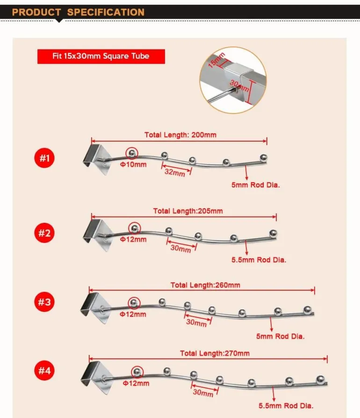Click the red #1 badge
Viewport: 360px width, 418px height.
[x=44, y=158]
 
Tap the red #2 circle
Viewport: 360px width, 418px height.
[x=44, y=233]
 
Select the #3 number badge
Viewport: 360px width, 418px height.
[x=44, y=302]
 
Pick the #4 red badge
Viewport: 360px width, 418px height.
[x=44, y=370]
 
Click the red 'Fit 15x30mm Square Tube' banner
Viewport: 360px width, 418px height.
[x=101, y=56]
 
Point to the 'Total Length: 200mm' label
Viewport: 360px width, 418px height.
[x=180, y=135]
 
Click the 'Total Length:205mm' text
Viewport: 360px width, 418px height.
[x=188, y=211]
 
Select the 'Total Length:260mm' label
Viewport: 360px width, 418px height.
[x=205, y=285]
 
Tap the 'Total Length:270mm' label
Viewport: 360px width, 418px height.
[x=215, y=353]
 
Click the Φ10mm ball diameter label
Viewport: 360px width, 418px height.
[x=133, y=164]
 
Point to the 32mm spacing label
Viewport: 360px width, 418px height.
[x=175, y=172]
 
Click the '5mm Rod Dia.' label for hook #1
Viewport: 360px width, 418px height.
[x=256, y=185]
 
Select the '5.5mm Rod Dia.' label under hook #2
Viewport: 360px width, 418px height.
[x=259, y=260]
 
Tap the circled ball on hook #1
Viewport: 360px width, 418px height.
[x=132, y=153]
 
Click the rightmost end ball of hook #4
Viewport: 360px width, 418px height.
[x=321, y=380]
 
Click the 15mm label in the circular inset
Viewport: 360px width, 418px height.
[x=216, y=60]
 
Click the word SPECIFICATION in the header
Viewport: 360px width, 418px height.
[x=106, y=12]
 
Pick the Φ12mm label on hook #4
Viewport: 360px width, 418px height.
[x=136, y=383]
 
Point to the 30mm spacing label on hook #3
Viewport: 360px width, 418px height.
[x=196, y=322]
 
